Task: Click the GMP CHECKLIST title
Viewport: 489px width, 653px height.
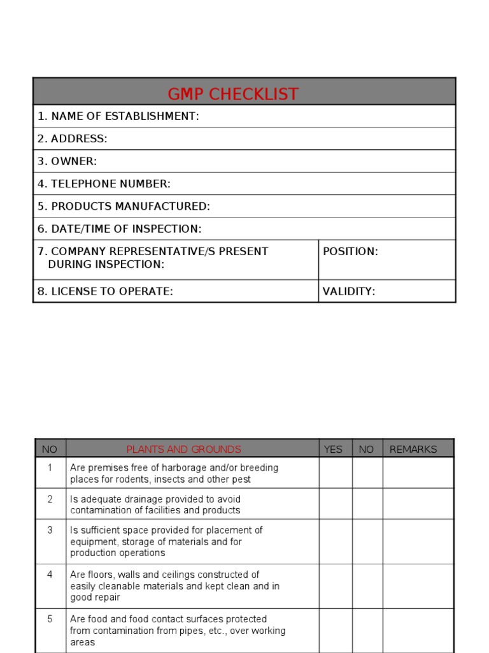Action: pyautogui.click(x=233, y=94)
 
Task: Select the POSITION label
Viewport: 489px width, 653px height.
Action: pyautogui.click(x=350, y=251)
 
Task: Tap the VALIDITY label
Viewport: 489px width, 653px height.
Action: pyautogui.click(x=349, y=291)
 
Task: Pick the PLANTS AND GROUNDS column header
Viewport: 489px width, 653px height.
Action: pyautogui.click(x=184, y=449)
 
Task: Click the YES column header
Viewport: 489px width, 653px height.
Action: pyautogui.click(x=333, y=449)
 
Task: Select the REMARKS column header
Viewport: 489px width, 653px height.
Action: pyautogui.click(x=413, y=449)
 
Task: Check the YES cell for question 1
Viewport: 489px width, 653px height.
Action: pyautogui.click(x=336, y=473)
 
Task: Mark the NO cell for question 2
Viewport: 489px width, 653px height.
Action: pyautogui.click(x=367, y=504)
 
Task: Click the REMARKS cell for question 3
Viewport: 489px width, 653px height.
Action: pyautogui.click(x=418, y=541)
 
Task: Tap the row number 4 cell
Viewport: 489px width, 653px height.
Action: pyautogui.click(x=50, y=575)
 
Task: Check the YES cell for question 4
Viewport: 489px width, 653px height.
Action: pyautogui.click(x=336, y=586)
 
